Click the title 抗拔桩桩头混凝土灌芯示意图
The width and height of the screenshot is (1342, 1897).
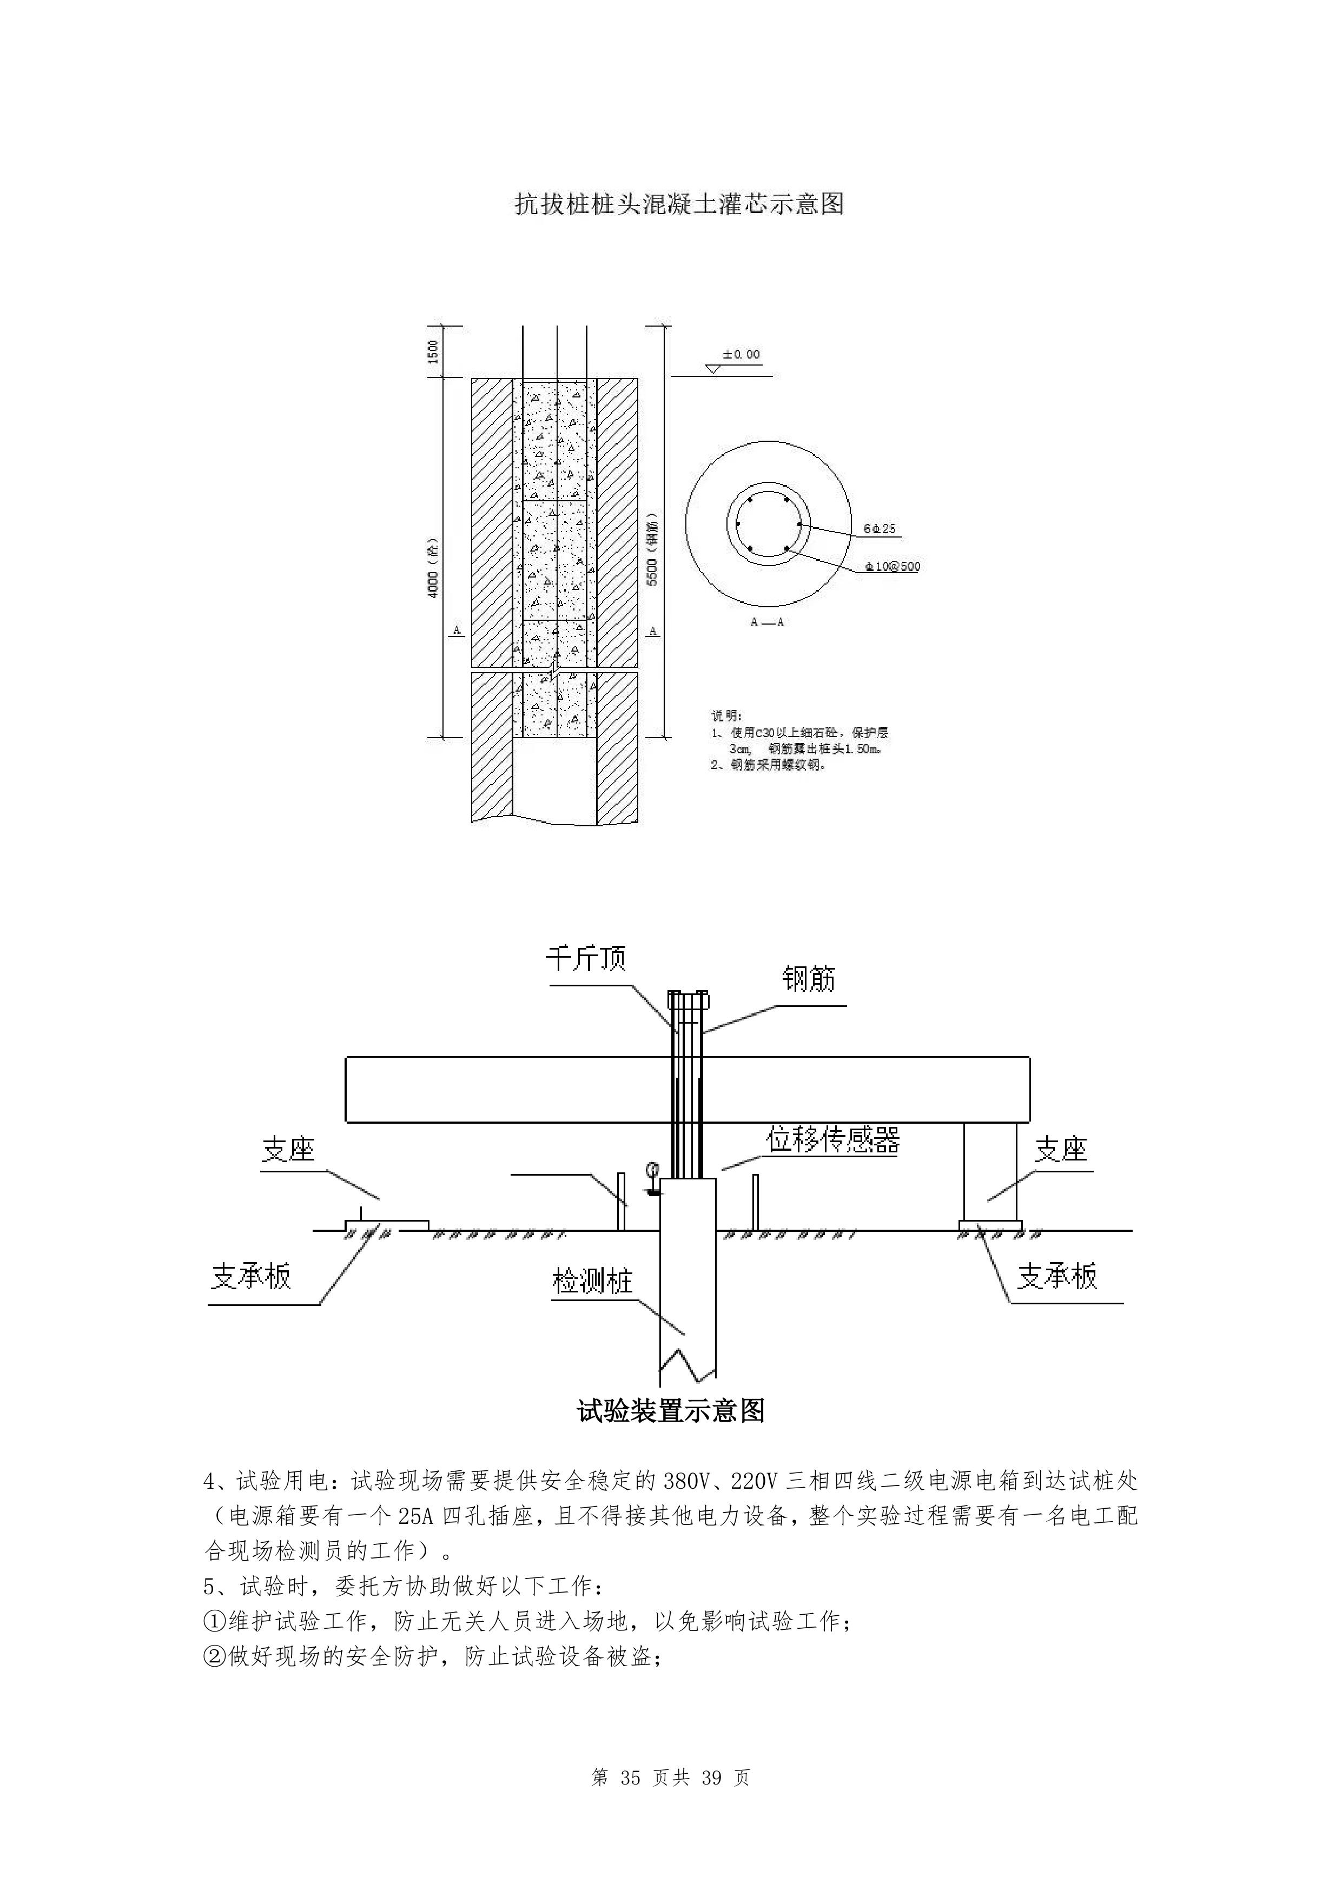point(679,203)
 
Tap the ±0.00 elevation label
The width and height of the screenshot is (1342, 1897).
point(741,354)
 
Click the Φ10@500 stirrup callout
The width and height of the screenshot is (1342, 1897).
point(893,567)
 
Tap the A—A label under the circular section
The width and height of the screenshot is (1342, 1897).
point(767,621)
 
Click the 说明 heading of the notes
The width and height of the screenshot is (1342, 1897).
point(727,715)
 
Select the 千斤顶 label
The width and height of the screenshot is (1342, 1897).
point(586,958)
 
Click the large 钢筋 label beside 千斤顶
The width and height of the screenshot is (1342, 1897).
point(809,979)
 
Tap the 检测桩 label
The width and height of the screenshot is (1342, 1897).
point(592,1282)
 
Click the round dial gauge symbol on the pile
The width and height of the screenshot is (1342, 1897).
point(652,1169)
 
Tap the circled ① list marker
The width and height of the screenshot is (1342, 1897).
point(214,1622)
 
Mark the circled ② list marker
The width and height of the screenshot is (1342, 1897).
point(214,1657)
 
